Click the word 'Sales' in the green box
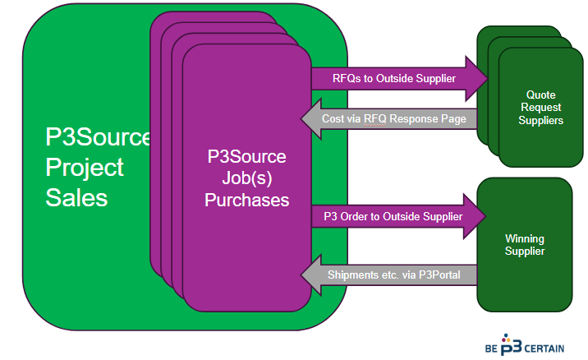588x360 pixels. coord(76,198)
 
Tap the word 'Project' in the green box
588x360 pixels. coord(85,168)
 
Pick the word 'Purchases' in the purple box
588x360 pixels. coord(246,199)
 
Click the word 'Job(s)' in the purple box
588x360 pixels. coord(246,178)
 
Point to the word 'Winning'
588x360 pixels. coord(524,238)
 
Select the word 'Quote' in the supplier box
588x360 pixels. coord(541,95)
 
